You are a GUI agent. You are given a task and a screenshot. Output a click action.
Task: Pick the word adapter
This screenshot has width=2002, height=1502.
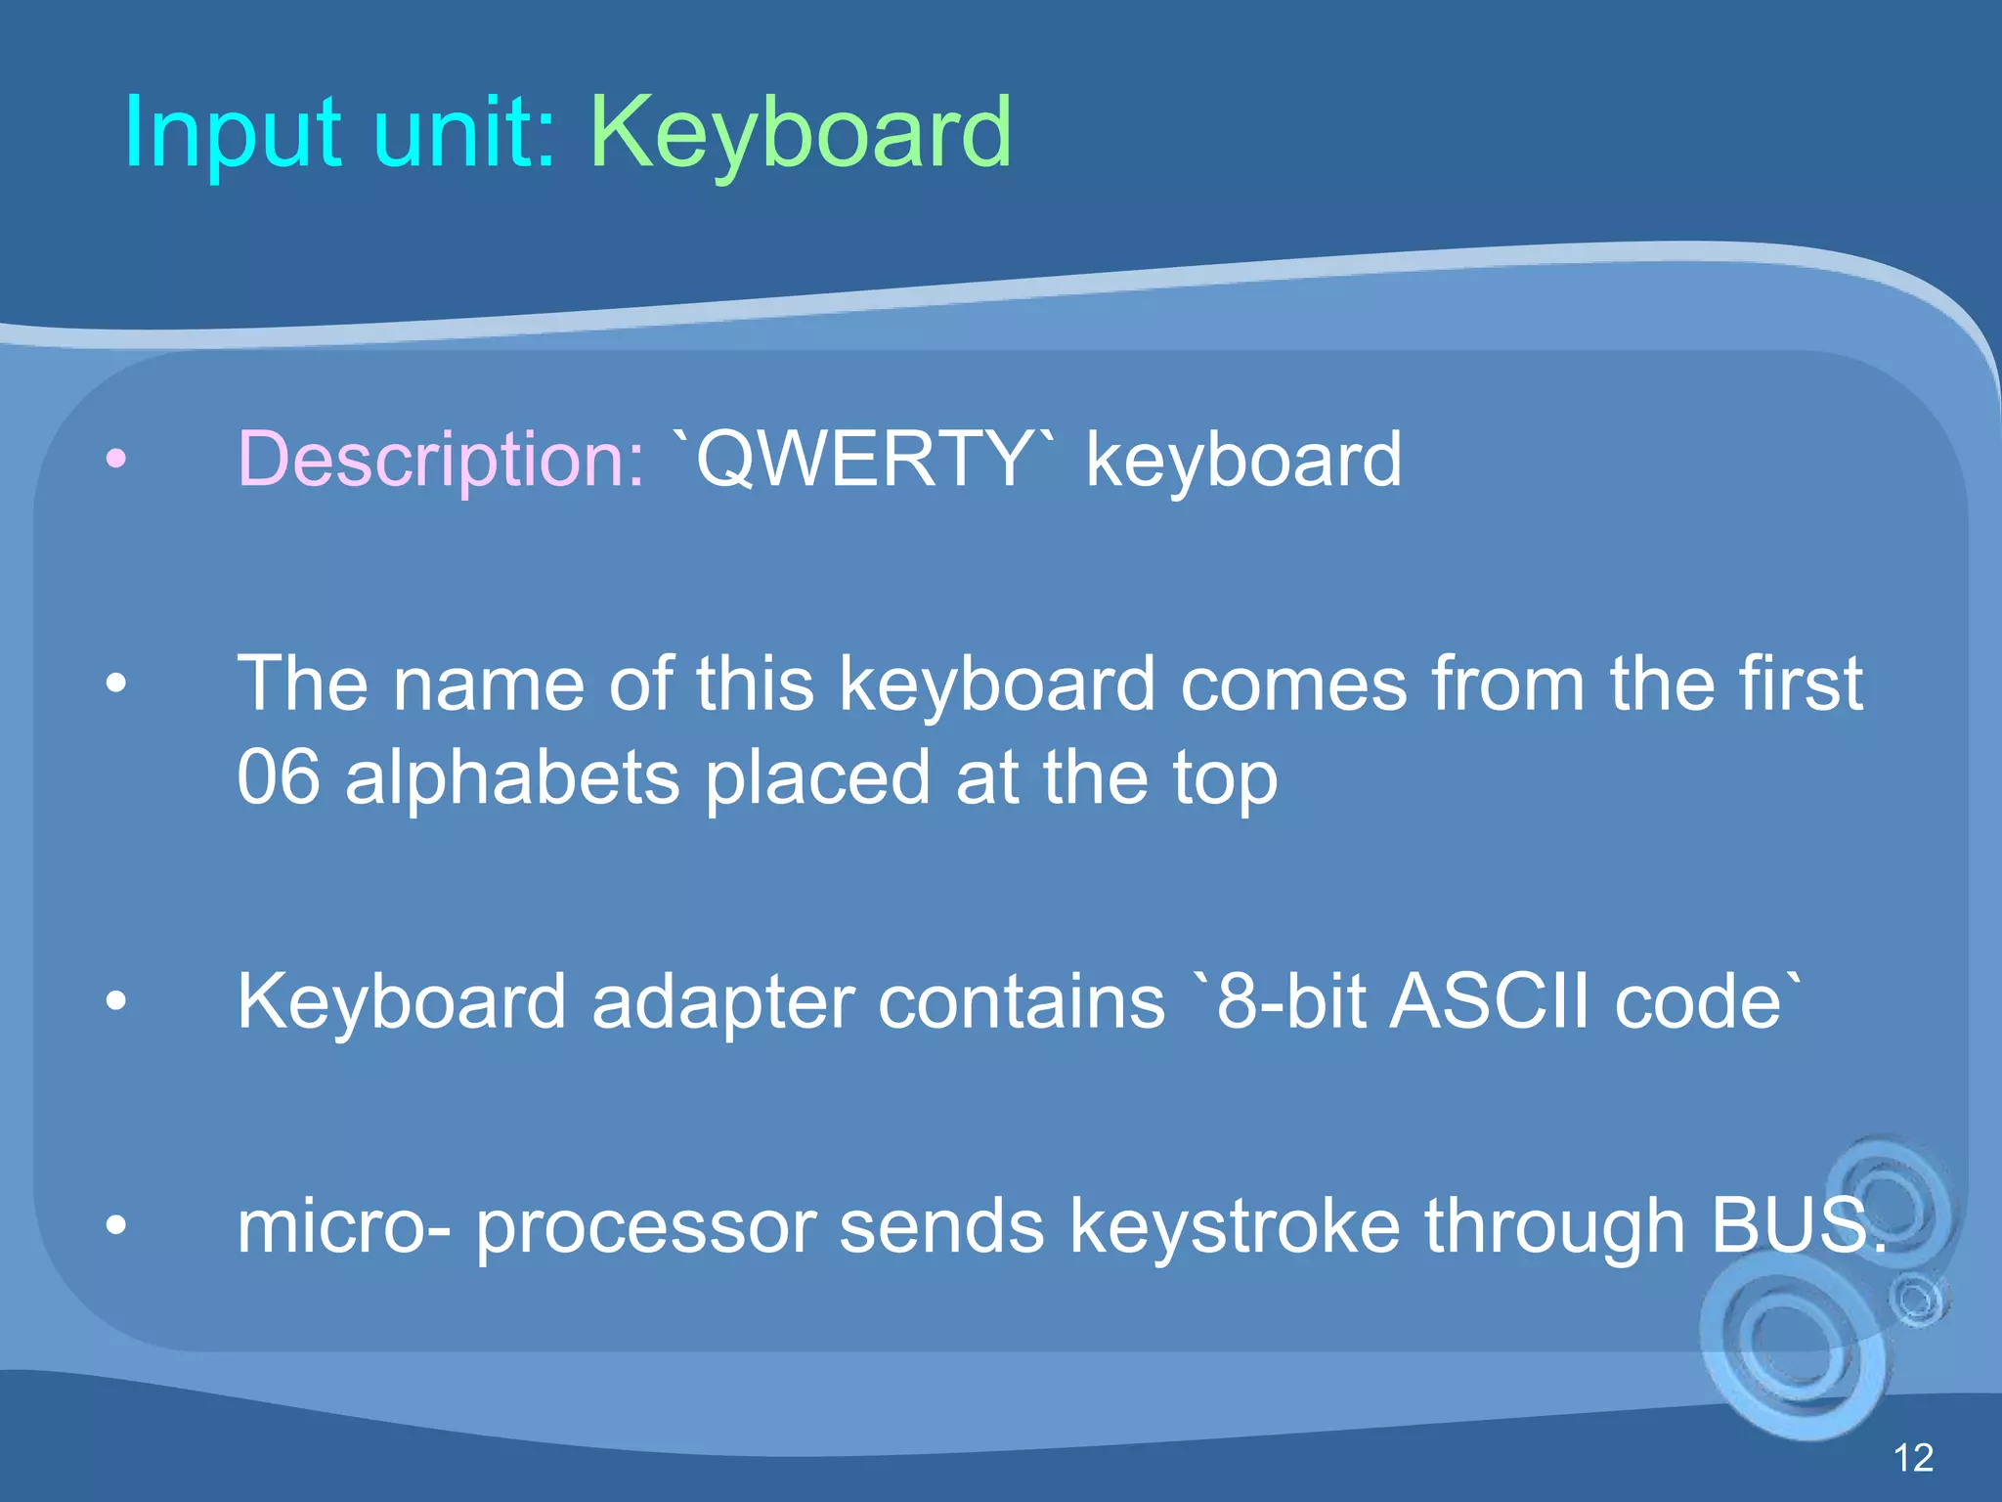pos(722,1001)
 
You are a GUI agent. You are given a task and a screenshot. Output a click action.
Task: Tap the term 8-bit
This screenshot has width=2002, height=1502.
pos(1290,1001)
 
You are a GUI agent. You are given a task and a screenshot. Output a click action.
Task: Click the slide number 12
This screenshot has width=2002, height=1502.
pos(1913,1458)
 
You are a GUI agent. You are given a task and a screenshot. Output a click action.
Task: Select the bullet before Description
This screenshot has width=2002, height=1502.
pos(116,458)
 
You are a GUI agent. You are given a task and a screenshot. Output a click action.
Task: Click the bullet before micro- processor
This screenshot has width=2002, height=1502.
pos(116,1225)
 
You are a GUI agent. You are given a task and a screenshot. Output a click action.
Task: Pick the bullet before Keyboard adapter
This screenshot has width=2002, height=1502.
pos(116,1001)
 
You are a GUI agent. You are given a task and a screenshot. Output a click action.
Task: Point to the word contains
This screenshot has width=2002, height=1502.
pos(1022,1001)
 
